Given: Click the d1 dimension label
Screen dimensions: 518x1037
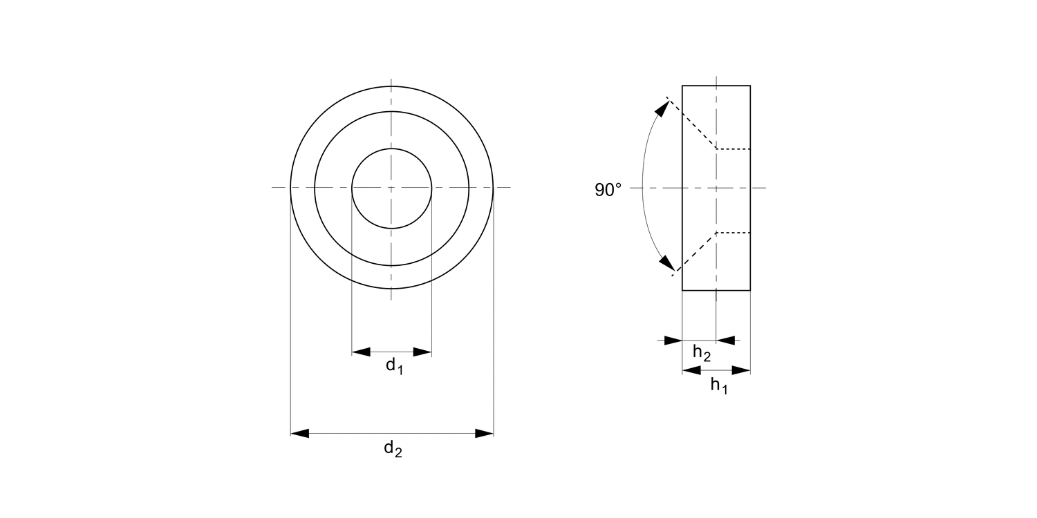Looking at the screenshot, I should (x=394, y=366).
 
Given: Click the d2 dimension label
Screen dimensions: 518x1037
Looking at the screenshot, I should (x=393, y=449).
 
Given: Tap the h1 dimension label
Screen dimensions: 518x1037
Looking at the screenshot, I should (x=719, y=386).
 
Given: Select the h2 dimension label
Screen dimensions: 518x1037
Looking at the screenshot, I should (x=701, y=354).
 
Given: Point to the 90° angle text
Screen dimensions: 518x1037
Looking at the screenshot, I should (x=608, y=190).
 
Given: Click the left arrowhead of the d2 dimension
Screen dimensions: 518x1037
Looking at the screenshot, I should (x=299, y=433).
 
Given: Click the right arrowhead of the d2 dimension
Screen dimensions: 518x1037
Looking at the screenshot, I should (x=484, y=433).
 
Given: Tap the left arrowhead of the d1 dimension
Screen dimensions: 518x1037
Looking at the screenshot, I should (x=361, y=352).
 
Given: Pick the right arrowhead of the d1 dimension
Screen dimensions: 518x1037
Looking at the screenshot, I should (x=422, y=352).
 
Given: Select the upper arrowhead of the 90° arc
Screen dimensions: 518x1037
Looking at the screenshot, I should (x=662, y=109).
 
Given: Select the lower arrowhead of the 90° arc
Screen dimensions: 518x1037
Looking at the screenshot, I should (x=666, y=263).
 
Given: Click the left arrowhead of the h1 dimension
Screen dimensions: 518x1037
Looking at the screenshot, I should (x=691, y=371).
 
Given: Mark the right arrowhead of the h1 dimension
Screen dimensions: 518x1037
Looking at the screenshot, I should (x=741, y=371).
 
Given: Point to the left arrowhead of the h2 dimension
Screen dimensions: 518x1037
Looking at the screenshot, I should (x=673, y=340).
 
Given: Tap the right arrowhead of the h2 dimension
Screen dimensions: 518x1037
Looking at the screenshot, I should (x=725, y=340).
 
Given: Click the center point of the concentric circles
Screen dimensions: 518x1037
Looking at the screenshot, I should (x=392, y=188).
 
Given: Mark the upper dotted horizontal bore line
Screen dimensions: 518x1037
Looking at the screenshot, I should (x=733, y=148).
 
